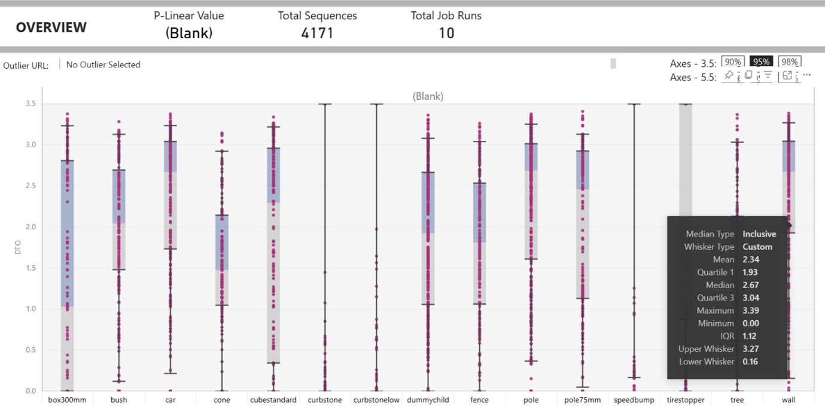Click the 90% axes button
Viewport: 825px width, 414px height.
732,62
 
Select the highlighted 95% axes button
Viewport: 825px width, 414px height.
761,62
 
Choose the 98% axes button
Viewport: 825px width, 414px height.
790,62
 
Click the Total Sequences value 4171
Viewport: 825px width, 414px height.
317,33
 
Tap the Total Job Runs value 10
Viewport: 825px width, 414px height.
446,33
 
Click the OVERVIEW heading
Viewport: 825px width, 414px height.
51,27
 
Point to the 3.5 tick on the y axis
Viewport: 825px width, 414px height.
30,104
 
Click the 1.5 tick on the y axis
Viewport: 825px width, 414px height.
30,268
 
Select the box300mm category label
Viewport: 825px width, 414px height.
67,400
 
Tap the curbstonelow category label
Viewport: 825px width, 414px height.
376,400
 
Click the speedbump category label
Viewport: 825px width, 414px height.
634,400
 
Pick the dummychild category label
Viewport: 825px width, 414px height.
428,400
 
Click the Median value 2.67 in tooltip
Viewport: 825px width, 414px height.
750,285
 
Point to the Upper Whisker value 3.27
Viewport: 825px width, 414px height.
750,349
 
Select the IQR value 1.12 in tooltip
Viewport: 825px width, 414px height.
749,336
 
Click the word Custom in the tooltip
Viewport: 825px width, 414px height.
757,247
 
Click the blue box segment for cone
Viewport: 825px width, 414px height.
222,242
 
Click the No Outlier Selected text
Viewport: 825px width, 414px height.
103,65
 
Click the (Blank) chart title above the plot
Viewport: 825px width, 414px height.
428,96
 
